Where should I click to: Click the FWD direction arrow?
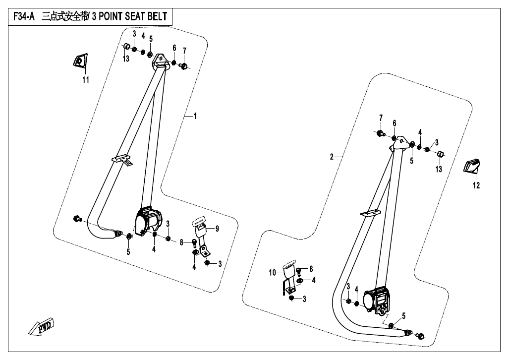[42, 327]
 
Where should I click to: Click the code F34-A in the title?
[24, 16]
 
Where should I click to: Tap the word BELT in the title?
[157, 16]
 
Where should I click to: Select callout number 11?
[86, 79]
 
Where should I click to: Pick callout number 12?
[476, 185]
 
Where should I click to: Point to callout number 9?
[217, 229]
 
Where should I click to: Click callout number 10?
[272, 273]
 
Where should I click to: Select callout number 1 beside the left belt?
[195, 116]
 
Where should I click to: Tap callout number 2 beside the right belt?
[332, 157]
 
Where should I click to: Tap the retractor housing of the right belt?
[378, 300]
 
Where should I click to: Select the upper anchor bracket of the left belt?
[160, 61]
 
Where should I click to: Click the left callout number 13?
[126, 59]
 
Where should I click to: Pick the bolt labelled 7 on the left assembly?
[184, 66]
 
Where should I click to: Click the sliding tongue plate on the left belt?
[122, 160]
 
